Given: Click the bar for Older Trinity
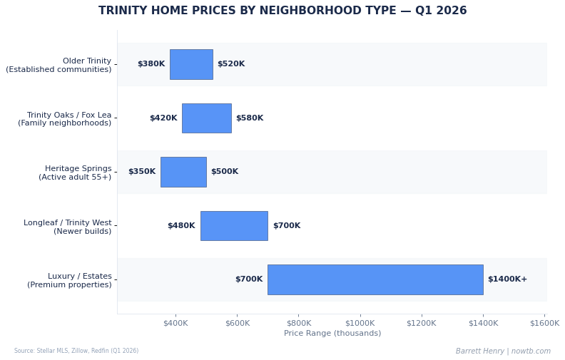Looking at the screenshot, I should (191, 64).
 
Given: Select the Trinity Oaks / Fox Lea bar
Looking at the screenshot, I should (206, 118).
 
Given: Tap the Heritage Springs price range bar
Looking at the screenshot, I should (183, 172).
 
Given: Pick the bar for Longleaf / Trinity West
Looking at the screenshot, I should (234, 226).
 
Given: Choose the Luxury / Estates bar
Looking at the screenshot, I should (375, 279).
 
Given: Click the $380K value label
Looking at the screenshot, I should (151, 64).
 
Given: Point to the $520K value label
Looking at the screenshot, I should (231, 64).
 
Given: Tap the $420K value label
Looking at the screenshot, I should (163, 118).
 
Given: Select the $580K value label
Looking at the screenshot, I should (250, 118).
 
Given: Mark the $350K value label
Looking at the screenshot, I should (142, 172).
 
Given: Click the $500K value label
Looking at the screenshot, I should (225, 172).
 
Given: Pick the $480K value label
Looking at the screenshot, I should (181, 226).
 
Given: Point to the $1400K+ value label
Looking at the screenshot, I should (507, 279).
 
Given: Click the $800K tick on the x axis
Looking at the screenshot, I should (299, 323).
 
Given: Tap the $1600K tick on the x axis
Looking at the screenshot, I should (544, 323).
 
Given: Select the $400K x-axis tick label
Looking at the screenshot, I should (175, 323).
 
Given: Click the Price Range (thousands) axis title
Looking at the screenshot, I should (332, 334).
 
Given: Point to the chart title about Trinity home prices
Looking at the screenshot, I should (282, 11).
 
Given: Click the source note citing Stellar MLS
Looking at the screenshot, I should (76, 351).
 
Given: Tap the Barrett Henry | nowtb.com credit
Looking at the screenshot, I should (503, 351).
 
